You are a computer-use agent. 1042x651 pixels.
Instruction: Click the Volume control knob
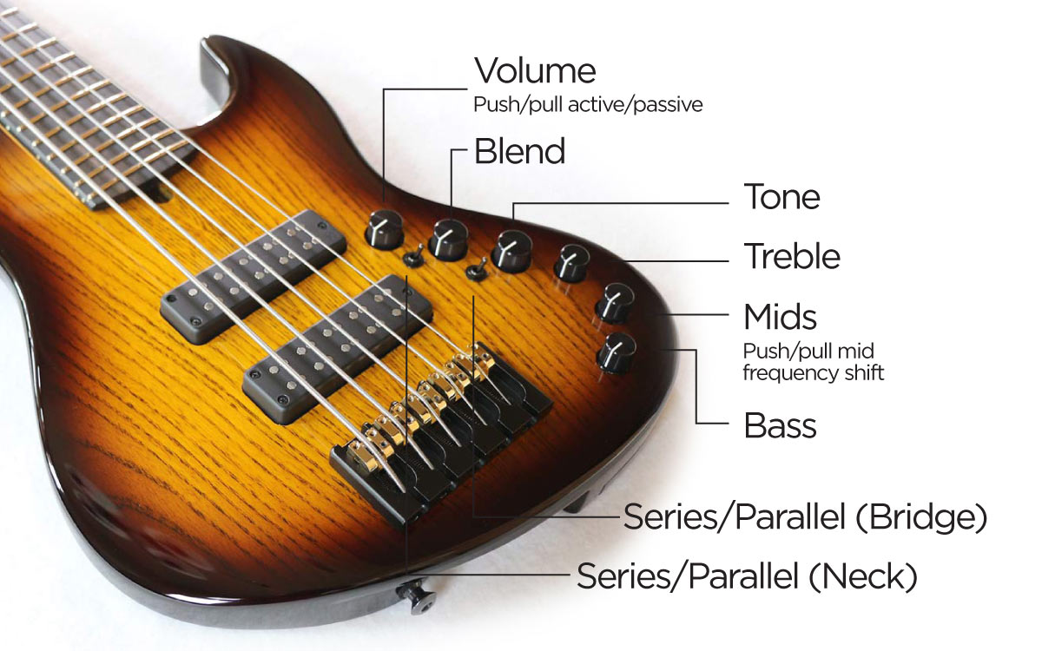coord(384,229)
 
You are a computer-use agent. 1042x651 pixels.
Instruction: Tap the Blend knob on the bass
coord(448,240)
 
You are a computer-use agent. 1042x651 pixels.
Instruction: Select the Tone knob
coord(511,252)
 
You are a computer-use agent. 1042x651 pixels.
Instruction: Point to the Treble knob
coord(571,264)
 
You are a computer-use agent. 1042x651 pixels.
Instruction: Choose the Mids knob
coord(615,303)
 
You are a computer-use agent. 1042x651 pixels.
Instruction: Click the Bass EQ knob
coord(616,353)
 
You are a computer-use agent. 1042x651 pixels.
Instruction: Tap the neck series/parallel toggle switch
coord(413,257)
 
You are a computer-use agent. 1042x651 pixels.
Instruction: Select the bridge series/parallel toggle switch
coord(477,271)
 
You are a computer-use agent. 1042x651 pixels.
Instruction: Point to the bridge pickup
coord(338,349)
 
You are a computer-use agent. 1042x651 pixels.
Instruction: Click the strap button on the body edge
coord(416,596)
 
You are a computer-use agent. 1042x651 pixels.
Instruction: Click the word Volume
coord(535,70)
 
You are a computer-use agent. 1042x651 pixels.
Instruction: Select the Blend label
coord(519,151)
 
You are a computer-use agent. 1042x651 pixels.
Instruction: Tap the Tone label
coord(782,197)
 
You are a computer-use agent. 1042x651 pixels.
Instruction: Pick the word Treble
coord(792,256)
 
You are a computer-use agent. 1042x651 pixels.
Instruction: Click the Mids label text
coord(780,317)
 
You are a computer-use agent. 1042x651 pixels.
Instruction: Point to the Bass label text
coord(780,425)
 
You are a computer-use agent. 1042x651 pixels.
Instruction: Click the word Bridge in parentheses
coord(921,517)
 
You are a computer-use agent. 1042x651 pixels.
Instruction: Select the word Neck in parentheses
coord(863,576)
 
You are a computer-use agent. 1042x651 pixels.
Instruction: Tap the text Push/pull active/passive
coord(588,105)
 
